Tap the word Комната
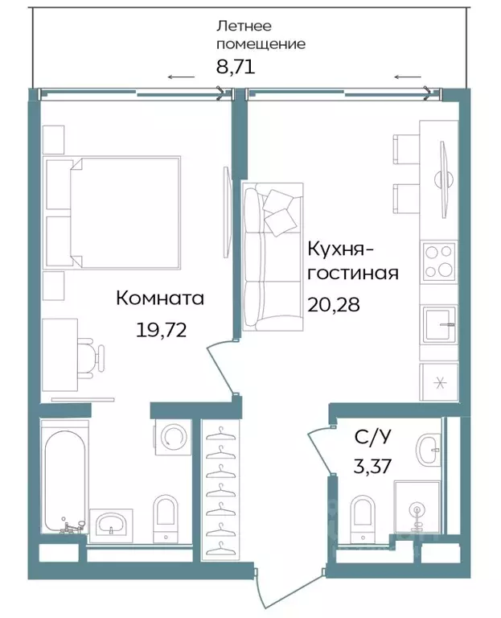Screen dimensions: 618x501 pos(160,299)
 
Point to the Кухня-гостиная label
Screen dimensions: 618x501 pos(352,261)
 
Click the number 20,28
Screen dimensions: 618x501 pos(332,305)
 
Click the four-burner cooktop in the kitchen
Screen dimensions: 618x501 pos(438,261)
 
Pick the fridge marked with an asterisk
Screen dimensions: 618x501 pos(438,381)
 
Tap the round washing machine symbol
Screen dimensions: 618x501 pos(172,437)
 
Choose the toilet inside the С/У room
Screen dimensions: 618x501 pos(363,515)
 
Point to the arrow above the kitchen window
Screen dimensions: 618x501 pos(407,77)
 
